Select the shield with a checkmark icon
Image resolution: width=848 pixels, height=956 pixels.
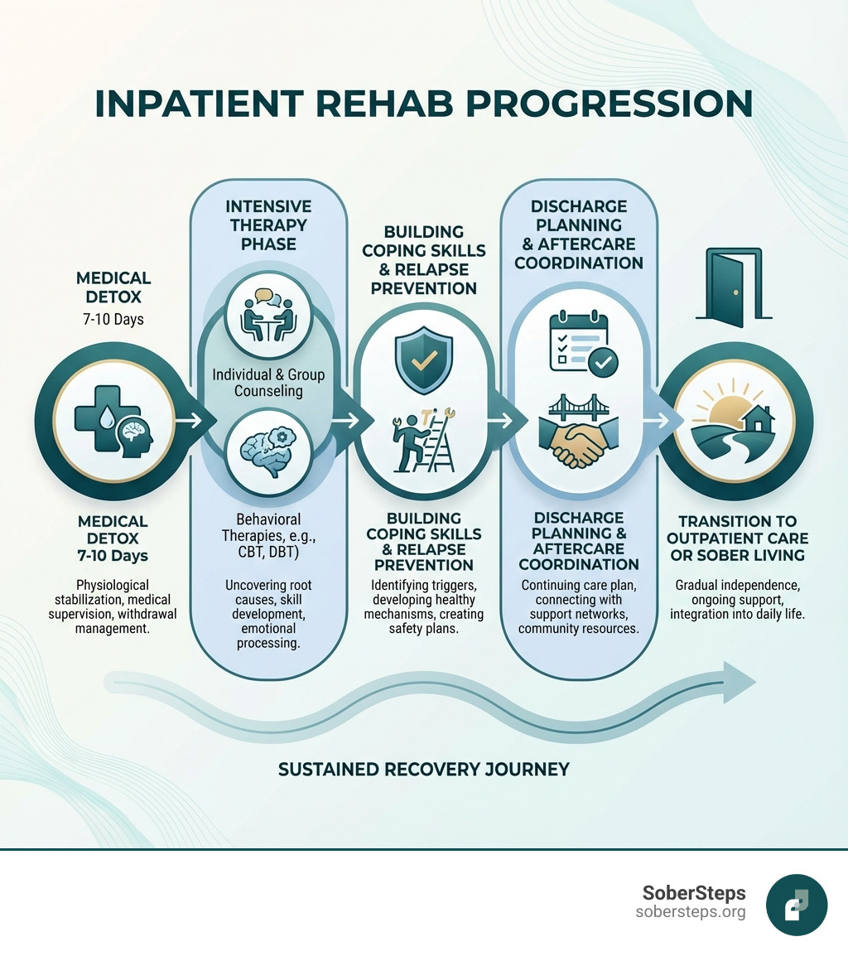pyautogui.click(x=424, y=357)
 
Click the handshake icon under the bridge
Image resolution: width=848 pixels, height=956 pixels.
pyautogui.click(x=579, y=441)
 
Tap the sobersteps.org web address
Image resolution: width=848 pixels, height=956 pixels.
pyautogui.click(x=691, y=912)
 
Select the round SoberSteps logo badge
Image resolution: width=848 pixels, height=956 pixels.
pyautogui.click(x=797, y=905)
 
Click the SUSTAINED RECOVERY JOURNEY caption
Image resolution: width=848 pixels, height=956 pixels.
pyautogui.click(x=424, y=769)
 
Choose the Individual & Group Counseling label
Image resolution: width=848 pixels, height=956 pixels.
pyautogui.click(x=268, y=382)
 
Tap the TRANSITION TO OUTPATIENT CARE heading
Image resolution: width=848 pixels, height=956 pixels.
pyautogui.click(x=737, y=538)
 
